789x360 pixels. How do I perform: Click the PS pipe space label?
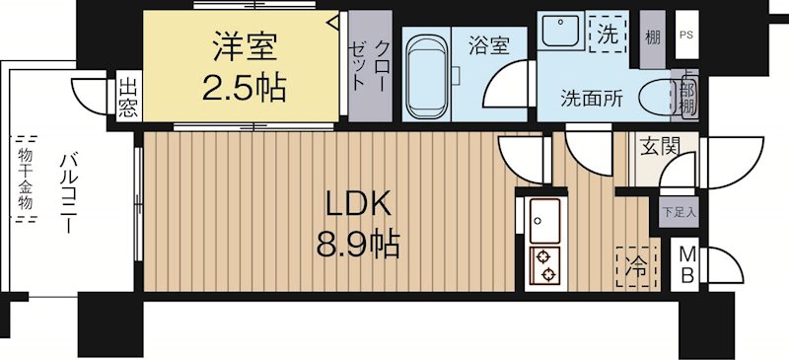coord(684,35)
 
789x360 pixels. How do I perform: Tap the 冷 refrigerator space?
coord(638,263)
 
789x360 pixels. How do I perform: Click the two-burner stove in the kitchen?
coord(544,264)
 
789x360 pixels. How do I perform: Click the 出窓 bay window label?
coord(127,96)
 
